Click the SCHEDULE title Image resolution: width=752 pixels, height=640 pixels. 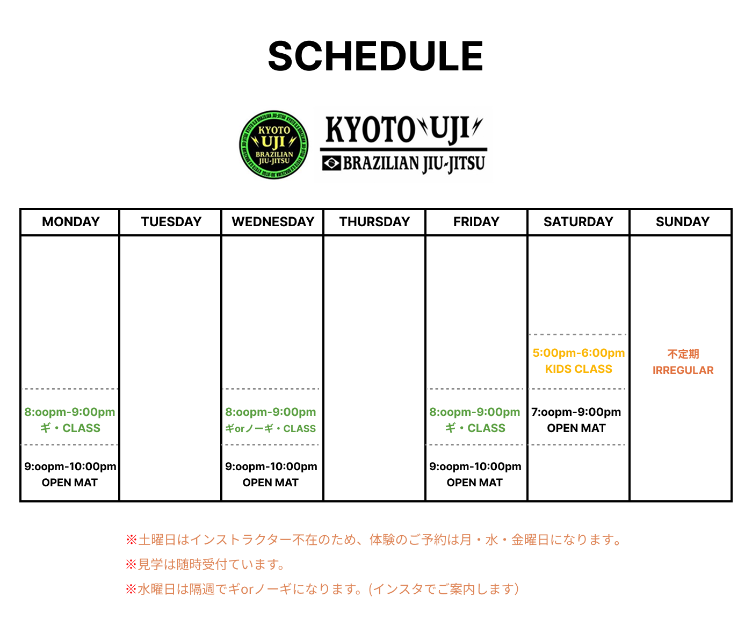pos(375,56)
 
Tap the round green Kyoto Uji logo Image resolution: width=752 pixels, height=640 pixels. pos(273,145)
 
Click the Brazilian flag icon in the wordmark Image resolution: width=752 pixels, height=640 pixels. pos(331,163)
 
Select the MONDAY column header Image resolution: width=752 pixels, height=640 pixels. pos(70,222)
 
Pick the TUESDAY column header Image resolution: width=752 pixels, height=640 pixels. pos(171,222)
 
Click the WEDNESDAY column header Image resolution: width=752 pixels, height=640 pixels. pos(273,222)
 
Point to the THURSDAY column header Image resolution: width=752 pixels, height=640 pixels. pos(375,222)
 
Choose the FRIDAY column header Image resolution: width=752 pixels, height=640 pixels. pos(476,222)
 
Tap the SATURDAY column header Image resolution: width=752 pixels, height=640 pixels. pos(579,222)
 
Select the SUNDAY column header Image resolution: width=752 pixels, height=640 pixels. pos(683,222)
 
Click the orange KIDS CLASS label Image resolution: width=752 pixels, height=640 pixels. pos(579,369)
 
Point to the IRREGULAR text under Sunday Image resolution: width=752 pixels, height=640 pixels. pos(683,370)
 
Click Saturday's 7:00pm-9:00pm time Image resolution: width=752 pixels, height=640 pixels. pos(576,412)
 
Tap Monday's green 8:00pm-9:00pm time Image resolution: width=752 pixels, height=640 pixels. pos(69,412)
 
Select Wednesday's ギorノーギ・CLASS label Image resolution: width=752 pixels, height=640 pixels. pos(270,428)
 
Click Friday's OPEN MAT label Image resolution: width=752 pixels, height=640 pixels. pos(474,483)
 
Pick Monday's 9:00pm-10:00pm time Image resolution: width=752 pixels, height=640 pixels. pos(70,467)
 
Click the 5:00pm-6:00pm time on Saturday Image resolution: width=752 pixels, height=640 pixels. pos(579,353)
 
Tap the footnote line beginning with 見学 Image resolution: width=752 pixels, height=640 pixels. pos(205,564)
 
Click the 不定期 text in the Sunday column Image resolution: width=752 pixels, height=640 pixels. pos(683,354)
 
